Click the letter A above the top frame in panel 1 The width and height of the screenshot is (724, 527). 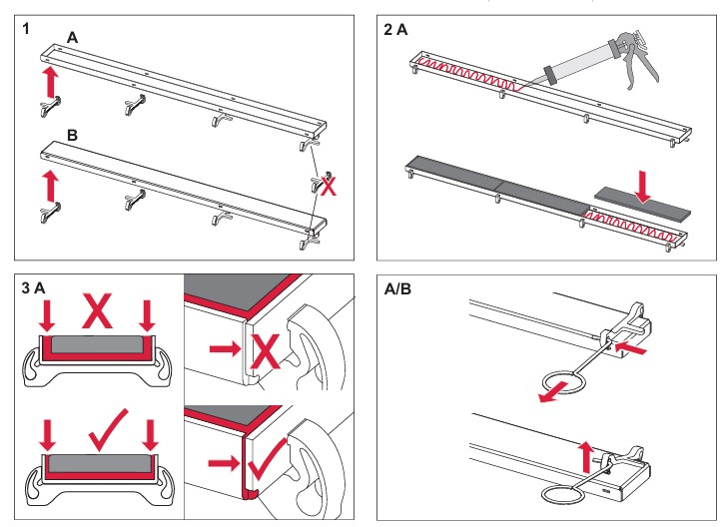click(x=72, y=37)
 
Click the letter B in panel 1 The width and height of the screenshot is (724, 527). click(x=72, y=132)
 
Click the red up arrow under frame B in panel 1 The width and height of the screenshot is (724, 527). click(x=46, y=185)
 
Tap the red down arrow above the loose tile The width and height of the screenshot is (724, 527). click(x=642, y=184)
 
